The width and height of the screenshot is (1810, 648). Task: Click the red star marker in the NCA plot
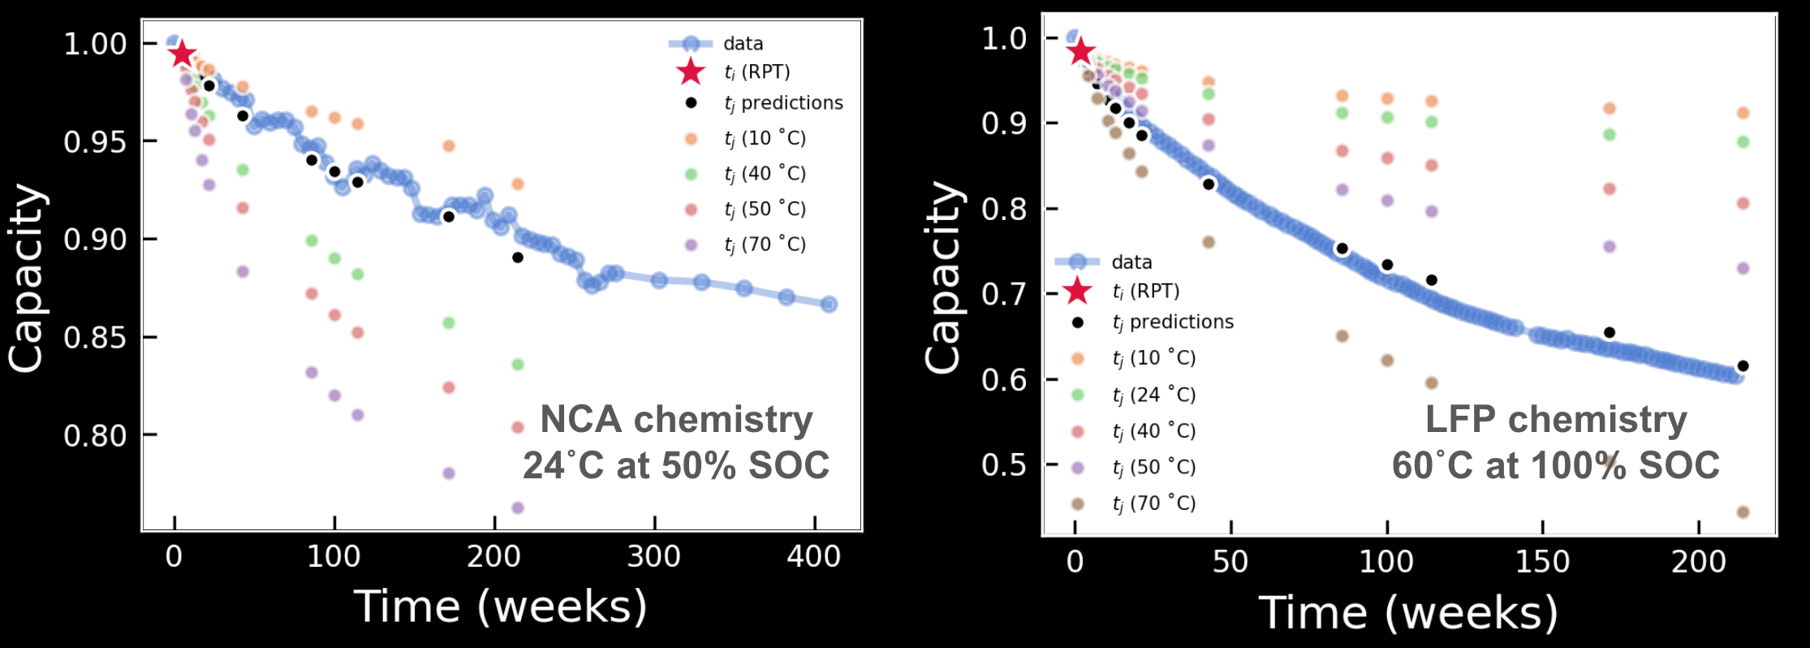coord(182,54)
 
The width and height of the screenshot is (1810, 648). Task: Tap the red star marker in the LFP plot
coord(1080,52)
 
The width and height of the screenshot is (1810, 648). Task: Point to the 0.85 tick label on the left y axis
coord(95,337)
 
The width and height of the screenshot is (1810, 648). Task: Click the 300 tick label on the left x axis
coord(654,558)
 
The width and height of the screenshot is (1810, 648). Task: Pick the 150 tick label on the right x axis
coord(1542,562)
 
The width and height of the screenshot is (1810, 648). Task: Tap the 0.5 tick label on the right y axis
coord(1003,465)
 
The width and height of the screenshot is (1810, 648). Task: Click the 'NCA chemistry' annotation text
coord(676,420)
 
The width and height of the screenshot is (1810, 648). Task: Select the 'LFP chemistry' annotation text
coord(1556,420)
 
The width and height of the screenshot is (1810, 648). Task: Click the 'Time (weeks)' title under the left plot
coord(500,607)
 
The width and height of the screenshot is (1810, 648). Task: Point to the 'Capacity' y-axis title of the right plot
coord(943,278)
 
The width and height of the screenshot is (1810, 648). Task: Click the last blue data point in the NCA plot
coord(829,305)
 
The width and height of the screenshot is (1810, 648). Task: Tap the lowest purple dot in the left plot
coord(518,508)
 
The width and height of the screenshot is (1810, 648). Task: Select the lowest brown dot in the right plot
coord(1743,512)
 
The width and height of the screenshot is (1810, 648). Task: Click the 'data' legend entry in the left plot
coord(743,44)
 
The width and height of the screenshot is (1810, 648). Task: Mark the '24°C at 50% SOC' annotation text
coord(675,466)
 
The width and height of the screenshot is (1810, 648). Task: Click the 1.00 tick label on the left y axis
coord(95,44)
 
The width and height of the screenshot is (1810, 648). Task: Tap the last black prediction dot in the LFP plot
coord(1743,366)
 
